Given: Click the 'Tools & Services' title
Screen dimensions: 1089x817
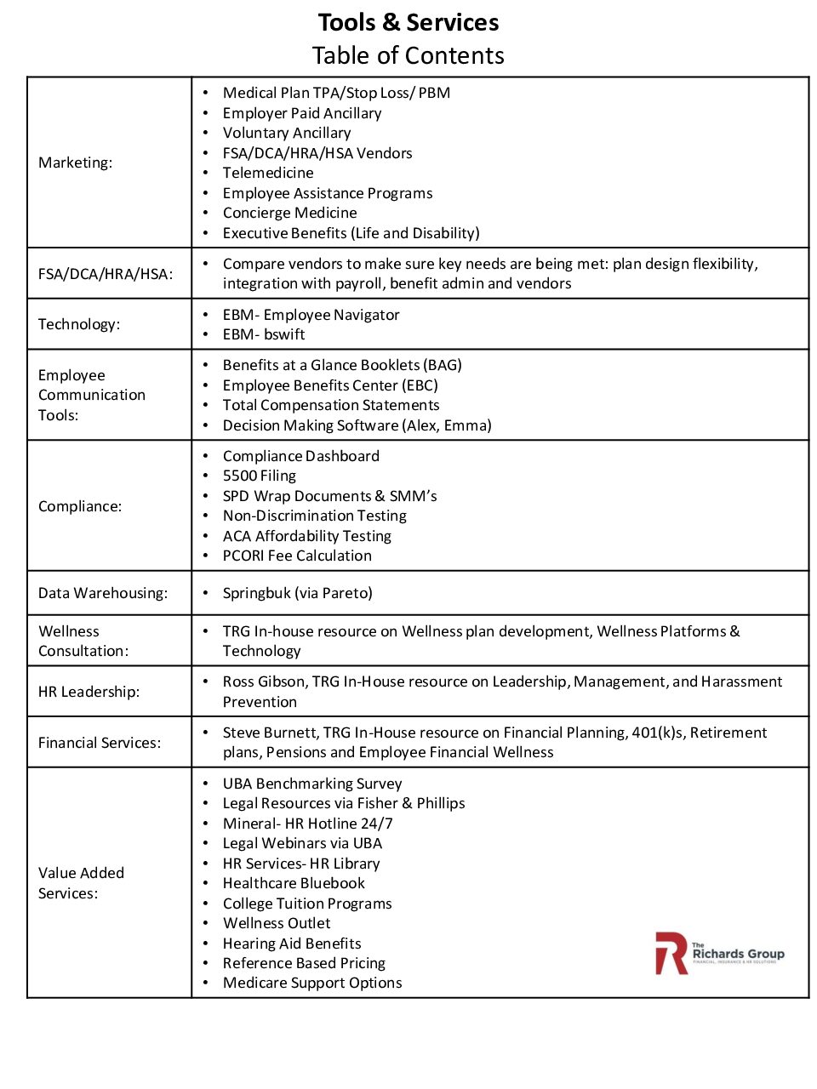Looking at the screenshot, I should point(408,22).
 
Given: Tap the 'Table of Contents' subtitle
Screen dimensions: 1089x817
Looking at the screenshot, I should point(408,55).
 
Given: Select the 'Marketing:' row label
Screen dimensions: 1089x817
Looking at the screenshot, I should point(75,162).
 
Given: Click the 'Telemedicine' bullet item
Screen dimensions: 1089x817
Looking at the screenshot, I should point(268,173).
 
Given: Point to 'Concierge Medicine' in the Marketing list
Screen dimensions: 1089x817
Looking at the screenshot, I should point(289,213).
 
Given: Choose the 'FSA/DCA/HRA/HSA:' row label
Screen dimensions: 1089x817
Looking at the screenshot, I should point(106,274).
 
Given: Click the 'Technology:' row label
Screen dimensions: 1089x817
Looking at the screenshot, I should point(79,324).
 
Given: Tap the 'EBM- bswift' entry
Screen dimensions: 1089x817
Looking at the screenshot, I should point(264,334).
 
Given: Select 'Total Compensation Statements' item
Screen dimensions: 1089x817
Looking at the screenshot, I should point(331,405).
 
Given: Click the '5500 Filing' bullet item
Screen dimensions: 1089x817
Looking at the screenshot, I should point(260,476).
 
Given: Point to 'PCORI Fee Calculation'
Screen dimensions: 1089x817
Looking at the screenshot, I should point(297,556).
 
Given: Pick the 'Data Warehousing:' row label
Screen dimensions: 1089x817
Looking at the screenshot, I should point(103,593).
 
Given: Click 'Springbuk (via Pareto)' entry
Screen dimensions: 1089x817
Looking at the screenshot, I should point(298,593).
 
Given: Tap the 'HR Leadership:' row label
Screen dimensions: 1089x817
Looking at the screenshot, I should point(89,692).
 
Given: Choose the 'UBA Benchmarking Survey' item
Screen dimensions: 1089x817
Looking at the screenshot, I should point(312,784).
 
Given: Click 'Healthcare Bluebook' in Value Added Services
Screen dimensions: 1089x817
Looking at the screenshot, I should point(294,883).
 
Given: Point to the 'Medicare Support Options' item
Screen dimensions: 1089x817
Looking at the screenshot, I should point(312,983).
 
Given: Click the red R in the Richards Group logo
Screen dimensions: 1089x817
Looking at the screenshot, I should point(671,953).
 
